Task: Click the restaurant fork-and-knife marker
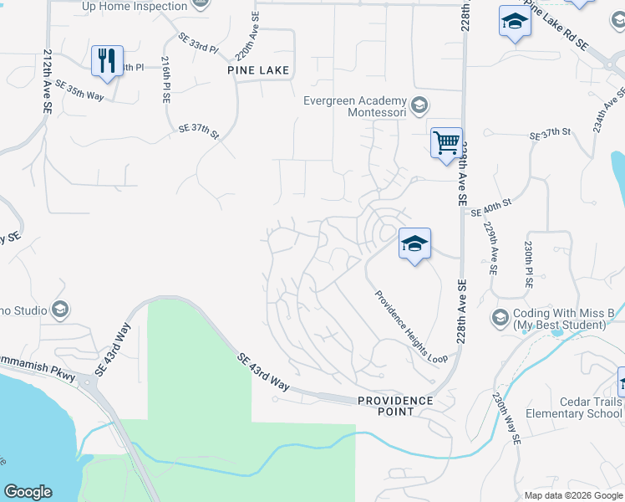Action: coord(107,61)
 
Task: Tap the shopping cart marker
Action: coord(446,142)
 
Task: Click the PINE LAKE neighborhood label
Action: coord(258,71)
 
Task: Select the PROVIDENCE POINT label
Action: coord(396,406)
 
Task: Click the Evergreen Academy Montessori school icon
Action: coord(419,105)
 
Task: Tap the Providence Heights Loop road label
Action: coord(411,326)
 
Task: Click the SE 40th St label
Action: coord(490,213)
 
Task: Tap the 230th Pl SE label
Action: coord(528,265)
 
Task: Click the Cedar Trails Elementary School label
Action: coord(574,407)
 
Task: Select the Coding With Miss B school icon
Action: coord(500,317)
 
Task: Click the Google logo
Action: coord(28,492)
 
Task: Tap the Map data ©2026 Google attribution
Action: coord(572,495)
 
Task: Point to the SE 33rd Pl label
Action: coord(198,44)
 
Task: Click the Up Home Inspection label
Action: coord(135,7)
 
